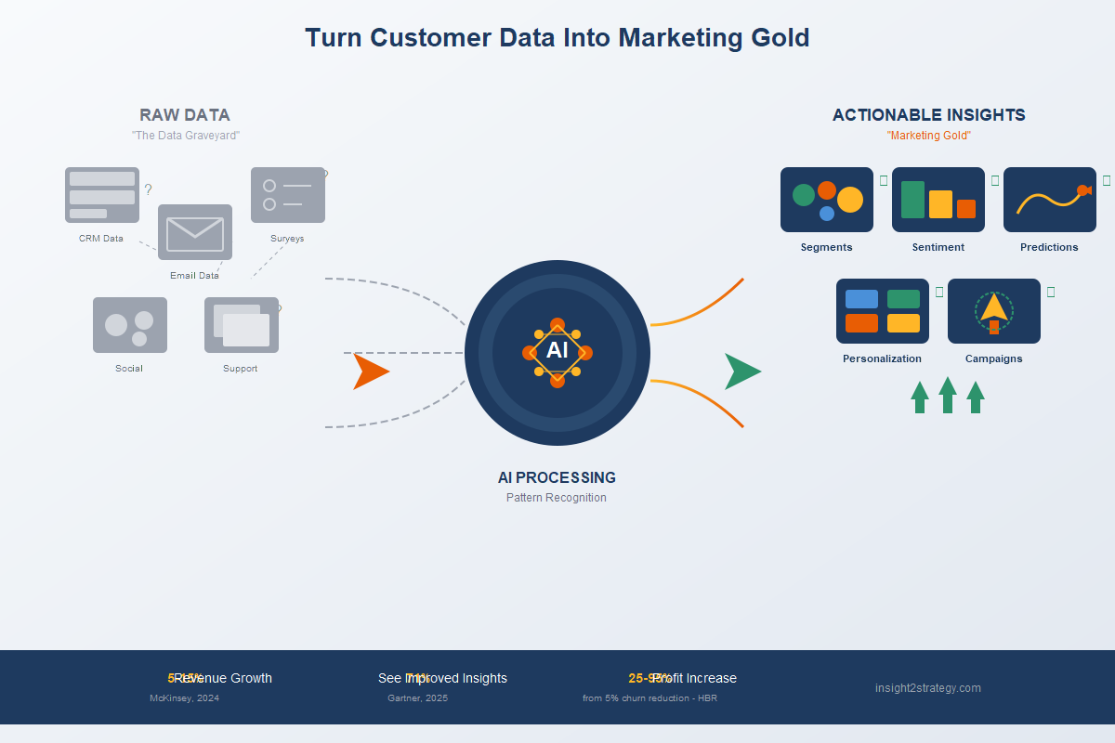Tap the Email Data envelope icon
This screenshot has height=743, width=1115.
pyautogui.click(x=195, y=232)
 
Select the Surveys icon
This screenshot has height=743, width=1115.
pyautogui.click(x=288, y=195)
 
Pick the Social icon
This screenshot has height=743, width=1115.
pyautogui.click(x=130, y=325)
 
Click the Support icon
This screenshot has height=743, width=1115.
pyautogui.click(x=242, y=325)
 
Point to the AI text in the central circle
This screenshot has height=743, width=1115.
pyautogui.click(x=557, y=350)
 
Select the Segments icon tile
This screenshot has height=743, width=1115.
pyautogui.click(x=827, y=200)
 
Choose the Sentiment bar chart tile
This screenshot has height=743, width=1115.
pyautogui.click(x=938, y=200)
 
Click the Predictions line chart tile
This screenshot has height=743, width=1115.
pyautogui.click(x=1050, y=200)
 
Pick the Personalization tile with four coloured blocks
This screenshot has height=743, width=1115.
pyautogui.click(x=883, y=311)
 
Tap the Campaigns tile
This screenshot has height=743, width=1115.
pyautogui.click(x=994, y=311)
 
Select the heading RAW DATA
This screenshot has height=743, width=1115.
pyautogui.click(x=185, y=115)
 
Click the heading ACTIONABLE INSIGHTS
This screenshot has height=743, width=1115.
pyautogui.click(x=929, y=115)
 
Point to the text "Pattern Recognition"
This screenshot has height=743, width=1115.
pyautogui.click(x=557, y=498)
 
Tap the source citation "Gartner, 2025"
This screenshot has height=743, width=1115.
pyautogui.click(x=417, y=698)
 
